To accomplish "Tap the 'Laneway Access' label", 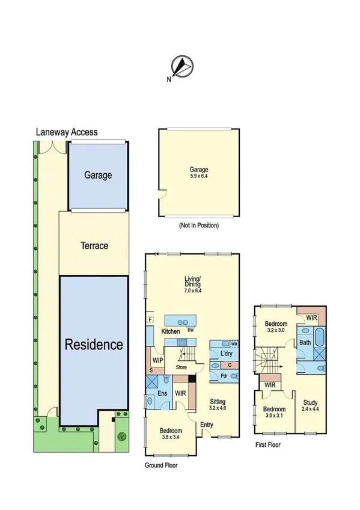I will [x=66, y=132].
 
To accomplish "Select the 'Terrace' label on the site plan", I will [x=94, y=245].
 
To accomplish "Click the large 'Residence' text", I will [x=94, y=345].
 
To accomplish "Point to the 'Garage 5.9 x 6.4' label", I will [x=199, y=173].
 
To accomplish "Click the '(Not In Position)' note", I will [x=199, y=226].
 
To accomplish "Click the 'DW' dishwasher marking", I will [x=190, y=330].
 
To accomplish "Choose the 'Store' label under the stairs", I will [x=182, y=367].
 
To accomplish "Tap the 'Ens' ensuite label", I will [x=162, y=393].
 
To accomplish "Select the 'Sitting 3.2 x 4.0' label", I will [x=218, y=404].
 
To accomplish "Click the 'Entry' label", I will [x=207, y=426].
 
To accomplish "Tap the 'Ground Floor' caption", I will [x=161, y=465].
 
